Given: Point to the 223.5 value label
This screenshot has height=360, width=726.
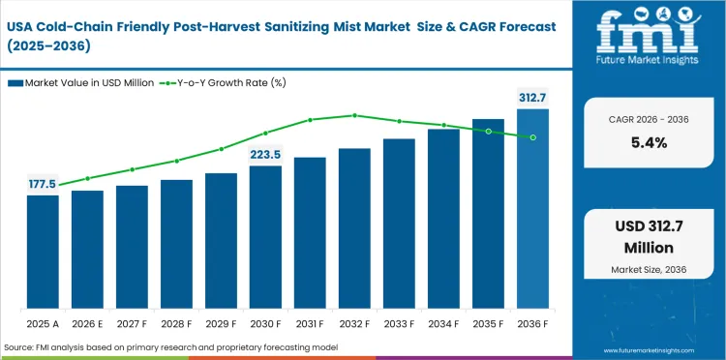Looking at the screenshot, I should coord(265,154).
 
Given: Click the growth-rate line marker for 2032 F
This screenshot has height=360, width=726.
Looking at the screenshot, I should coord(354,115).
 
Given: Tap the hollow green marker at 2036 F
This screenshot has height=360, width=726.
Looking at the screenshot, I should coord(532,137).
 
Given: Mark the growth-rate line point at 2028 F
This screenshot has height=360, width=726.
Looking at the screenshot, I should coord(176,161).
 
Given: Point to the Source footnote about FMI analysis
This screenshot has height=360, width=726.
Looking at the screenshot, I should coord(165,346).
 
